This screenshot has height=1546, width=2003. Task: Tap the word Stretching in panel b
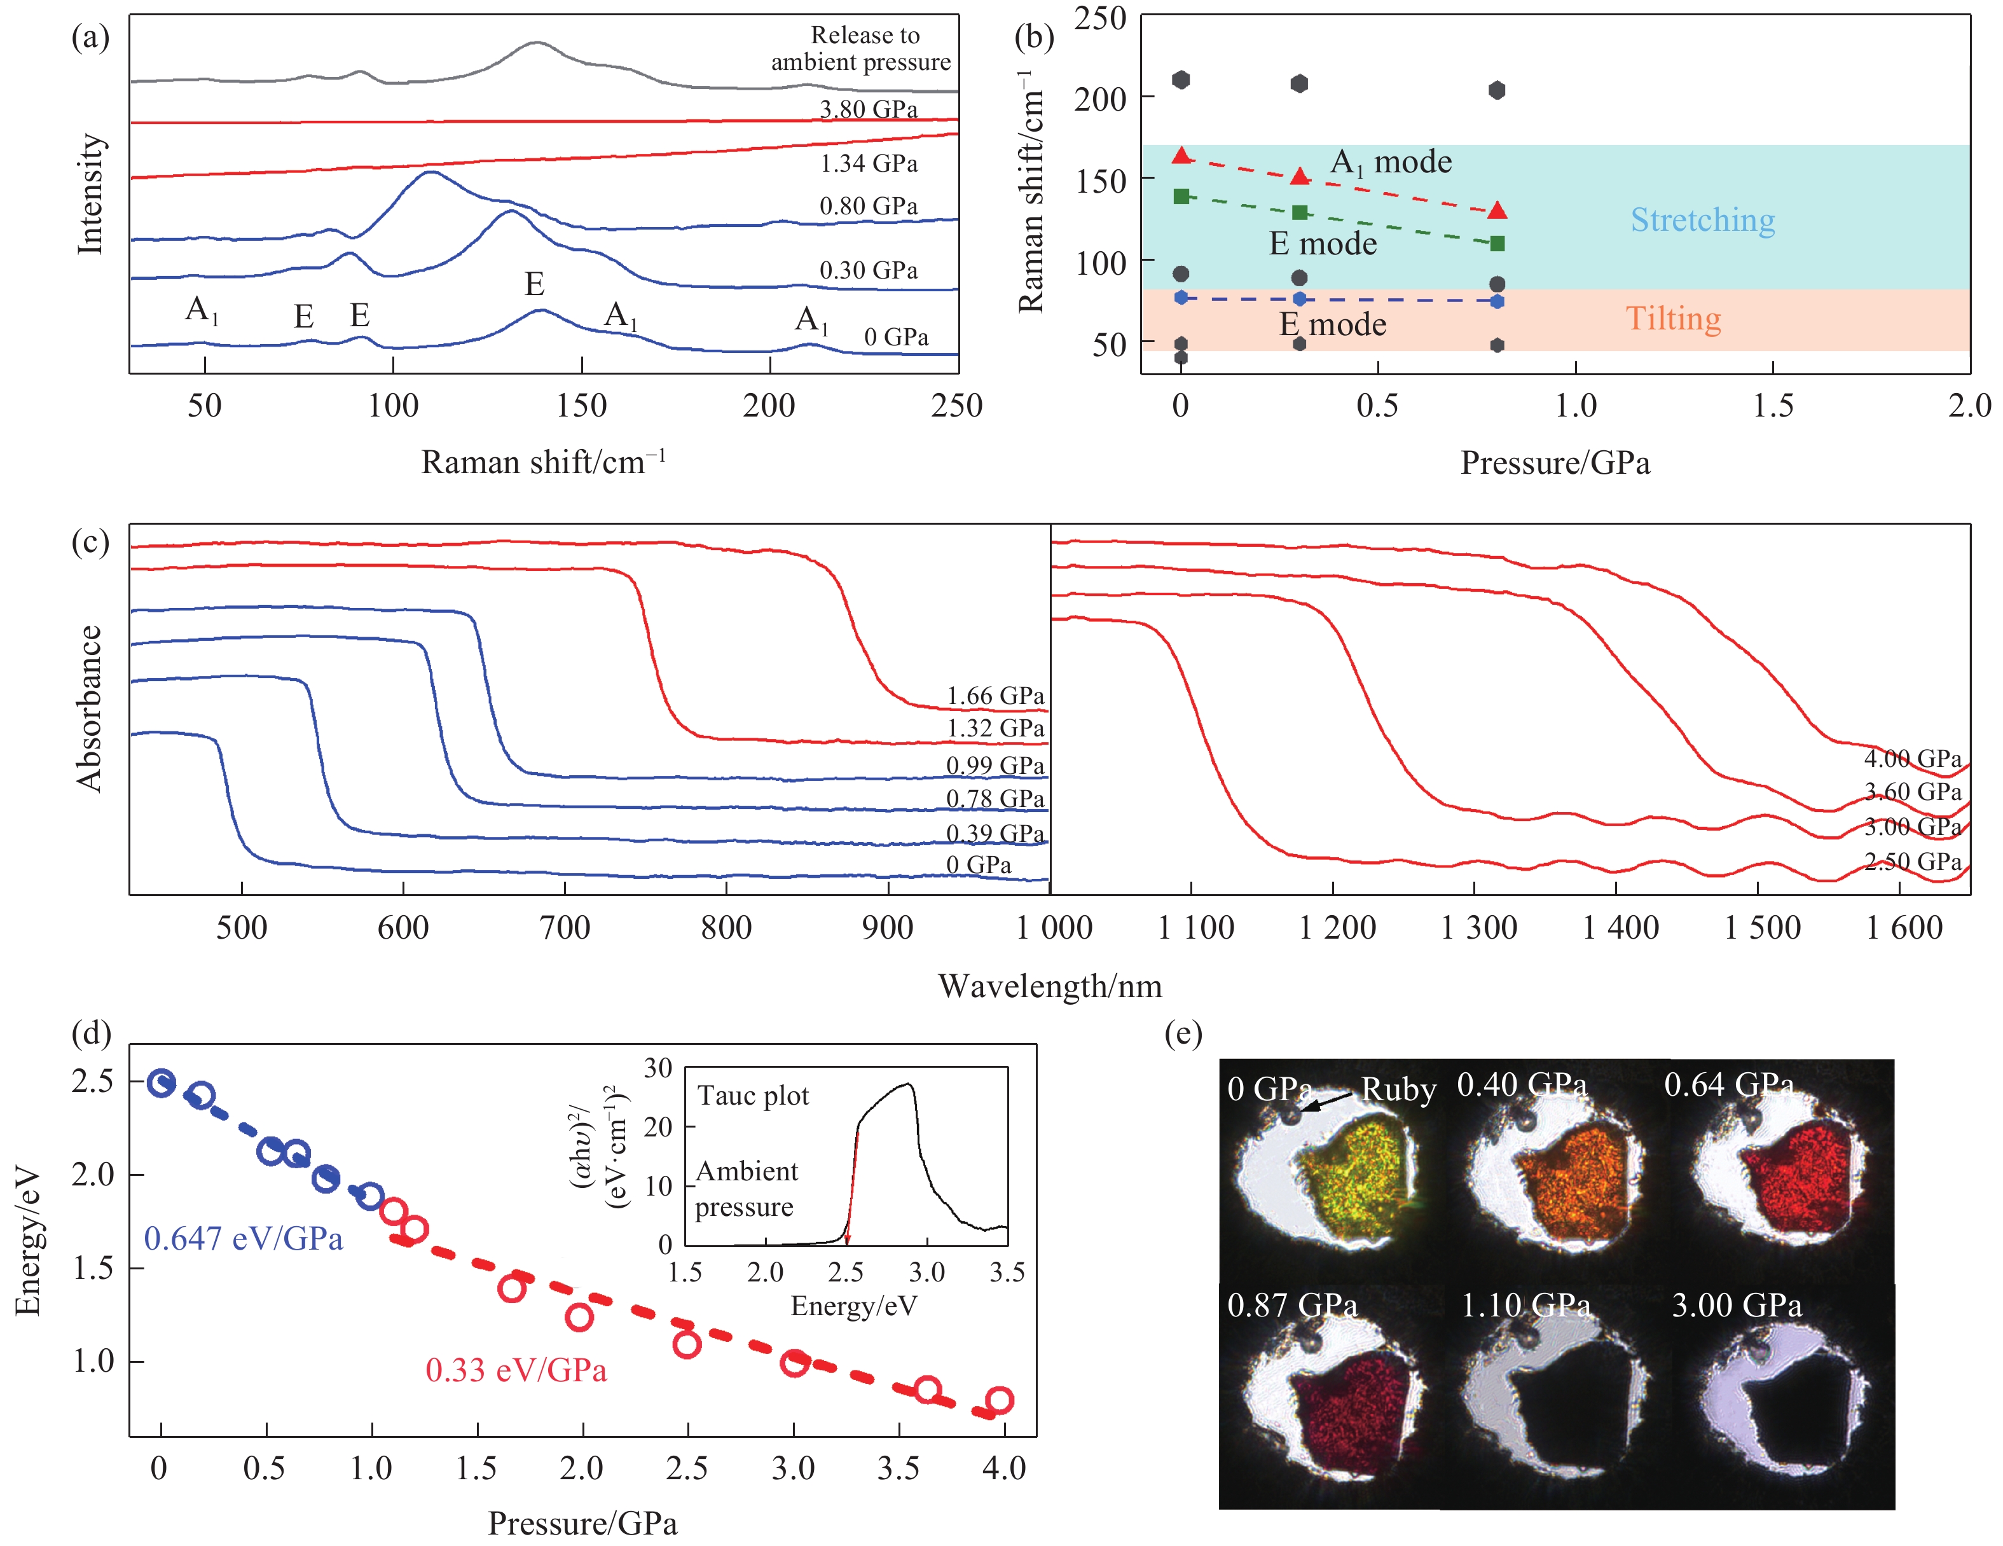1702,220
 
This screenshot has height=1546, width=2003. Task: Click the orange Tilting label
1673,319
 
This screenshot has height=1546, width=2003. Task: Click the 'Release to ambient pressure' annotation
862,48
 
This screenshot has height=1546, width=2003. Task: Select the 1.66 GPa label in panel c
995,696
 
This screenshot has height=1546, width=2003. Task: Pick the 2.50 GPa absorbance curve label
1912,862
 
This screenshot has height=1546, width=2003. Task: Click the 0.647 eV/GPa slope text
243,1239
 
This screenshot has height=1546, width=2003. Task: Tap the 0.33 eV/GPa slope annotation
516,1370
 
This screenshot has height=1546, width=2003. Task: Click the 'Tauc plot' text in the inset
753,1096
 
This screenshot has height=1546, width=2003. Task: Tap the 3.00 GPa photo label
1736,1305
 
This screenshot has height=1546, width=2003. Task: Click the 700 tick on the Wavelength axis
565,928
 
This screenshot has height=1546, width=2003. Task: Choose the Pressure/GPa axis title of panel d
582,1523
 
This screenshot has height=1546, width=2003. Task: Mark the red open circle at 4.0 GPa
999,1400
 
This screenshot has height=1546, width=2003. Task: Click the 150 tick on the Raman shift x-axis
581,406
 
